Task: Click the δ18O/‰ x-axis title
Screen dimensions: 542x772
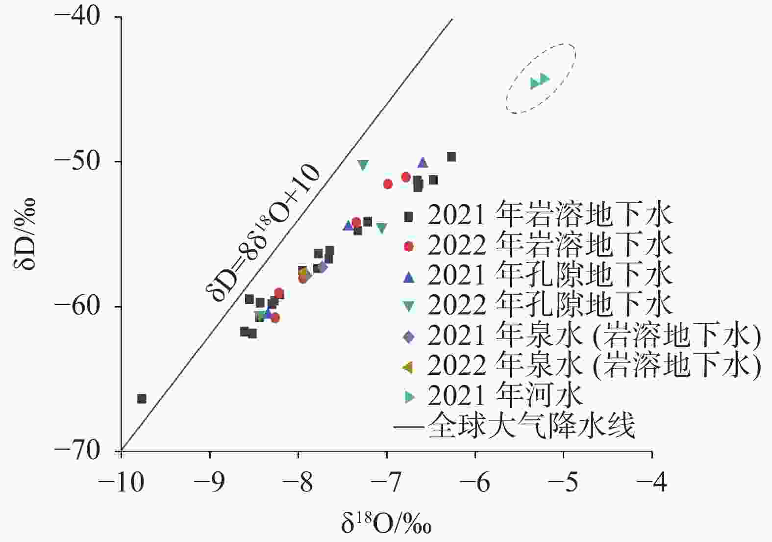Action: pyautogui.click(x=387, y=523)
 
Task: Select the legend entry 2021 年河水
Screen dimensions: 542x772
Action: pyautogui.click(x=505, y=395)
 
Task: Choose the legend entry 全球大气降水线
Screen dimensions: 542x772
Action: pyautogui.click(x=531, y=426)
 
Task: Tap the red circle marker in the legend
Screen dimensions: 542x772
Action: pyautogui.click(x=409, y=246)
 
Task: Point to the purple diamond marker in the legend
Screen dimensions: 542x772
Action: pyautogui.click(x=408, y=336)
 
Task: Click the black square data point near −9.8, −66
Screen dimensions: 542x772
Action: pyautogui.click(x=142, y=398)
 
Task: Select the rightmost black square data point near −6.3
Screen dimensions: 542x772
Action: pyautogui.click(x=451, y=157)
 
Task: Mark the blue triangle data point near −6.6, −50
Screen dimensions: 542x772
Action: pyautogui.click(x=423, y=163)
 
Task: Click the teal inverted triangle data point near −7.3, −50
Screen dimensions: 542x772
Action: pyautogui.click(x=363, y=165)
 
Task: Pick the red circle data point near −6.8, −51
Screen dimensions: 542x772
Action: pyautogui.click(x=406, y=177)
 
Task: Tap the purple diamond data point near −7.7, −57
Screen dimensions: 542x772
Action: pyautogui.click(x=322, y=267)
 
